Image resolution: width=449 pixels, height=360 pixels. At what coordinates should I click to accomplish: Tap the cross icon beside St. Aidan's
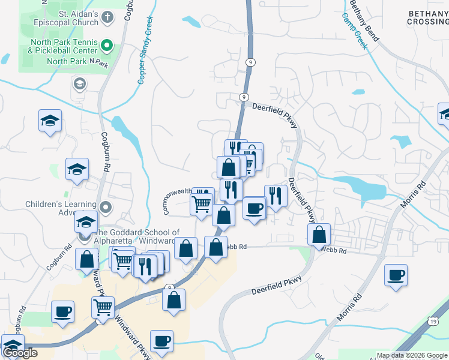(107, 17)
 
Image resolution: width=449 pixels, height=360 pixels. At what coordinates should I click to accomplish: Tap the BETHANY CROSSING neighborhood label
(427, 17)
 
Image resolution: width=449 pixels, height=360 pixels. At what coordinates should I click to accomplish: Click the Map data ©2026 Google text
(411, 355)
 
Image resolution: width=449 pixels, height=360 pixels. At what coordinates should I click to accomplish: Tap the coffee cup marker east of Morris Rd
(396, 275)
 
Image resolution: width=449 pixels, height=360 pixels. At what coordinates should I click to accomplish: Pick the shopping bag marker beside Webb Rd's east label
(319, 234)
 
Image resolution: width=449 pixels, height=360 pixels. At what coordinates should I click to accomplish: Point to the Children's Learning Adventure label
(60, 208)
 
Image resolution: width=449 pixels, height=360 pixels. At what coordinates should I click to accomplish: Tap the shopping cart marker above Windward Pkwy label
(103, 307)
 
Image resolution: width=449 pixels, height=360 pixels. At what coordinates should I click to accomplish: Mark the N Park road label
(98, 61)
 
